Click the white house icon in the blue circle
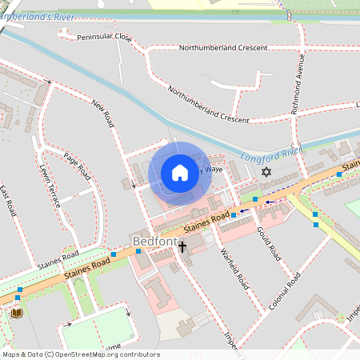coord(180,173)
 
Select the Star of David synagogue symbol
coord(267,172)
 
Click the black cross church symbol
coord(182,246)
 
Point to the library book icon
coord(16,312)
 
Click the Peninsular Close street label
coord(105,37)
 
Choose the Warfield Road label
coord(233,267)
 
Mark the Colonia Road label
coord(285,292)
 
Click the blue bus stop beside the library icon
coord(18,298)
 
